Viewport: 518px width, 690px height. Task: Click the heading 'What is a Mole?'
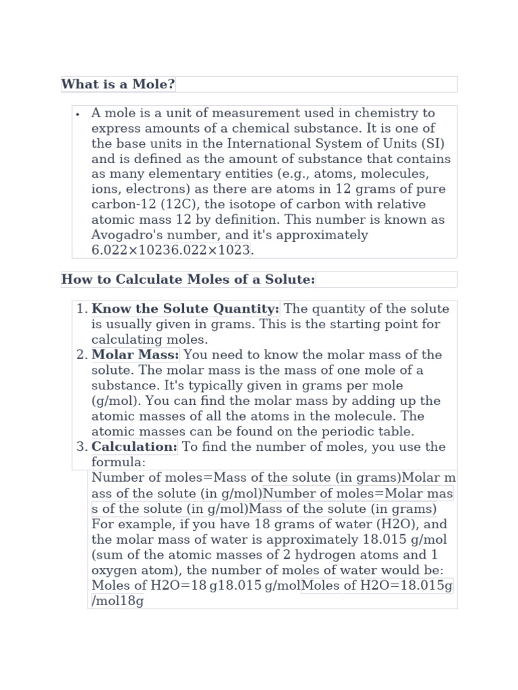[118, 84]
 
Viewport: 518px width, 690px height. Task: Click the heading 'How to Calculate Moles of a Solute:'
[188, 280]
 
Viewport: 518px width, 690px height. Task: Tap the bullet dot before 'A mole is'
[79, 114]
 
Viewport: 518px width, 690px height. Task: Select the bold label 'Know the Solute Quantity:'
[185, 309]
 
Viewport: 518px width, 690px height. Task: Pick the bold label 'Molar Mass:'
[136, 355]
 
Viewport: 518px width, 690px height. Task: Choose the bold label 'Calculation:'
[134, 447]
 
